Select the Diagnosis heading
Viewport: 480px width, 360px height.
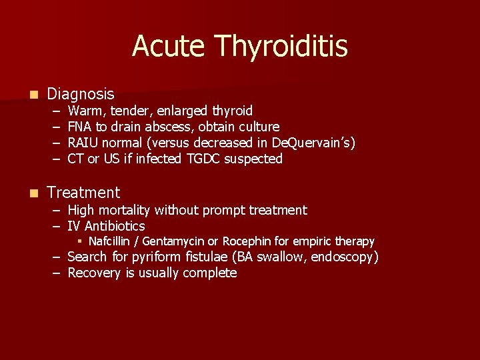click(81, 95)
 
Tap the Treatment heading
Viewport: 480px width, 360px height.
click(83, 193)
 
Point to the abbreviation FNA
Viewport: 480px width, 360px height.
click(81, 127)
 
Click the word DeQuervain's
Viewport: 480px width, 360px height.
click(315, 143)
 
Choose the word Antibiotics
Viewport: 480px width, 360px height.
click(114, 226)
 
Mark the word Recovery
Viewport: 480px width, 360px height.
click(94, 273)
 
